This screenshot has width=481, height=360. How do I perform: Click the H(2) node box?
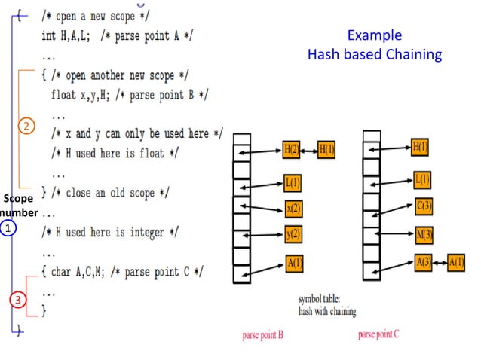291,149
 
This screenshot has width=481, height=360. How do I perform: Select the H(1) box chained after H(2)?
326,149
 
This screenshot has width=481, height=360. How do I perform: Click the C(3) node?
423,205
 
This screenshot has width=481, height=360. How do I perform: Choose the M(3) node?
423,234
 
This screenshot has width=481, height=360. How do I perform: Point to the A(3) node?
423,261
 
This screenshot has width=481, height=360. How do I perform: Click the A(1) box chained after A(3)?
456,261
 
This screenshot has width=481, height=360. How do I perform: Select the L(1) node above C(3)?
423,179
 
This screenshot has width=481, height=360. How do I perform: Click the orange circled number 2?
26,127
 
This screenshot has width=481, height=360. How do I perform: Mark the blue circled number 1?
8,227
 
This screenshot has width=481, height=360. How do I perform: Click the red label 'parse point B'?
262,335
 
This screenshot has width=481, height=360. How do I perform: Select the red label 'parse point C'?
378,334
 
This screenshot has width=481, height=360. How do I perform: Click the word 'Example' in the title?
374,35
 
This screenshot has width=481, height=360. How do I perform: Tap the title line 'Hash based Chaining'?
374,54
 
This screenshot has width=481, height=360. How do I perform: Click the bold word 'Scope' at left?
17,199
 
